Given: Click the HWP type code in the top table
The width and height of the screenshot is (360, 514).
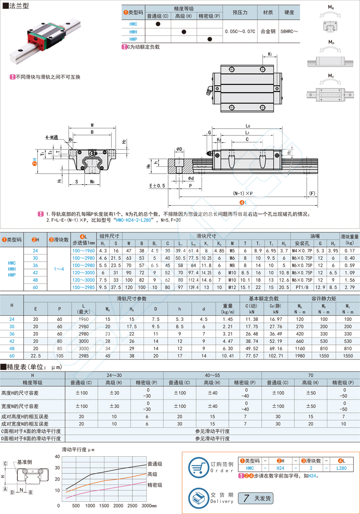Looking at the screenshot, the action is point(133,39).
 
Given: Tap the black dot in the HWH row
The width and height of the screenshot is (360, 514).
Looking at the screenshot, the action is point(184,32).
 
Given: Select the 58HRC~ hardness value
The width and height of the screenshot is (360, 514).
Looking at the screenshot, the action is point(289,31).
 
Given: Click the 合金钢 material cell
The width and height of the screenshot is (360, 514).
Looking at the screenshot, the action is point(268,31).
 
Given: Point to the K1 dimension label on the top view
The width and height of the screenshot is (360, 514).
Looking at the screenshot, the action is point(270,54).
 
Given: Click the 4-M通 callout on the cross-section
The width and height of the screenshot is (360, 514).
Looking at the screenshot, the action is point(52,137).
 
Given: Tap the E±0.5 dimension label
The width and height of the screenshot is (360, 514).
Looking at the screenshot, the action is point(157,185).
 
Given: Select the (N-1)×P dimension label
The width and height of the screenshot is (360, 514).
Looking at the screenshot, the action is point(243,193).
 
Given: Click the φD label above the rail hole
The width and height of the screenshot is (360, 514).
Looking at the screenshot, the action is point(179,149).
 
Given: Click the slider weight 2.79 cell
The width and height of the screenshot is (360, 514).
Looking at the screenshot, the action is point(349,287).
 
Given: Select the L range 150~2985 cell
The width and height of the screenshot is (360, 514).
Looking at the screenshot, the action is point(83,287).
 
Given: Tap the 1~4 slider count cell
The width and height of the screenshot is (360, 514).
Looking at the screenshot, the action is point(59,269).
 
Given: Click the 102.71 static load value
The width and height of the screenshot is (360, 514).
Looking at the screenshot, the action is point(276,356).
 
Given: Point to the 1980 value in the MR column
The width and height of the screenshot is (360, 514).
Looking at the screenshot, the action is point(300,356).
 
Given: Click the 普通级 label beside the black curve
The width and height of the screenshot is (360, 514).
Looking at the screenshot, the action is point(155,464).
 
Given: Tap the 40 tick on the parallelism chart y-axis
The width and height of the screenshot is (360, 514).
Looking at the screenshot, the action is point(57,456).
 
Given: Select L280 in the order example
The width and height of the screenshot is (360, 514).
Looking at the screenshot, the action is point(341,468).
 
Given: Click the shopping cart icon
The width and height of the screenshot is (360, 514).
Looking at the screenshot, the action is point(198,467).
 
